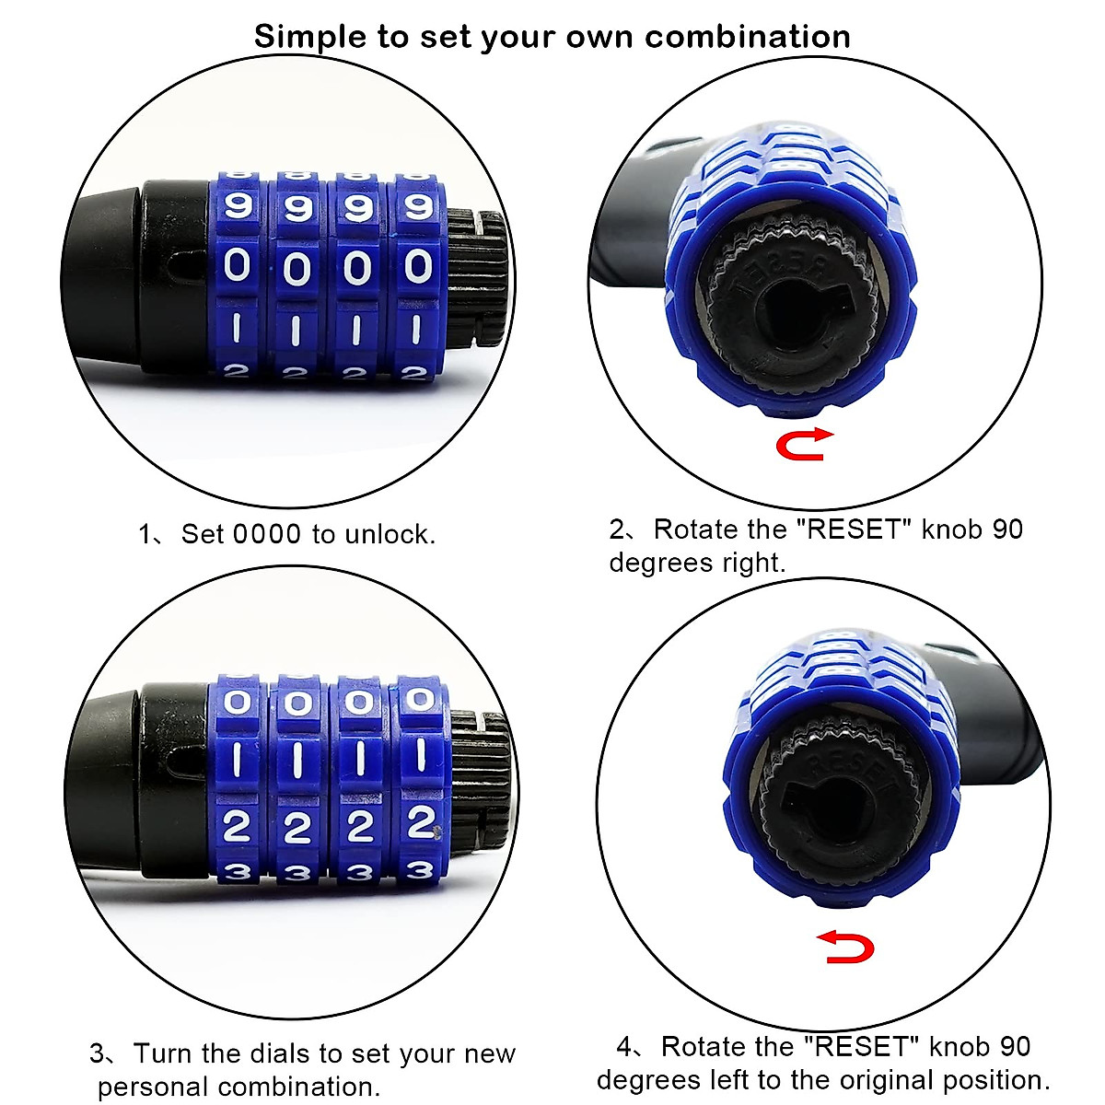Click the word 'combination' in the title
click(747, 37)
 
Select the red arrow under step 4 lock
click(845, 947)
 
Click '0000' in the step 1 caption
click(267, 534)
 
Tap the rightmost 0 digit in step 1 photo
click(418, 266)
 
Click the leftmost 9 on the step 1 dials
click(238, 204)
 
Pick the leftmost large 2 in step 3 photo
click(237, 826)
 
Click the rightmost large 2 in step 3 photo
click(421, 821)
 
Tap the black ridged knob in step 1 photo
click(479, 276)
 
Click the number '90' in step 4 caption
click(1014, 1047)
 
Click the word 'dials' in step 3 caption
click(276, 1053)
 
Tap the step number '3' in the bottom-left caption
click(97, 1053)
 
